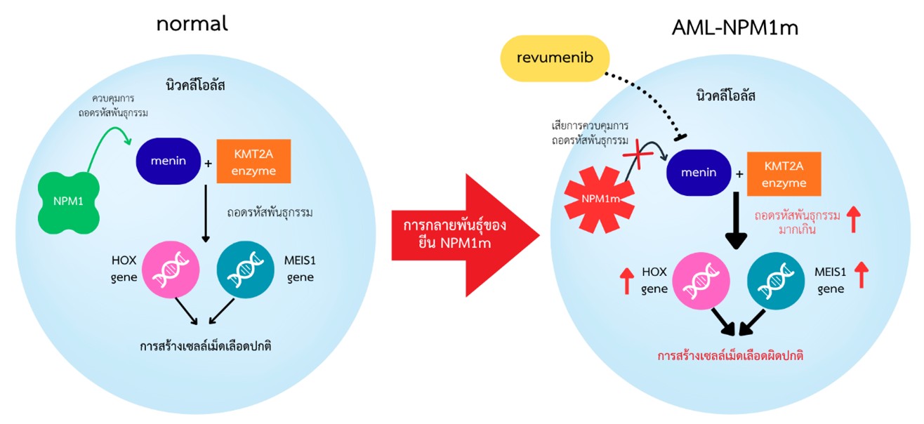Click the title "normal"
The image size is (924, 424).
tap(192, 22)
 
